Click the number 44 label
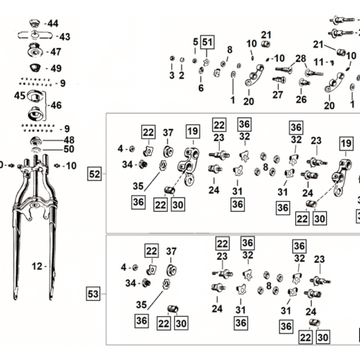tap(53, 24)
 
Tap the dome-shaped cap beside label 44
tap(35, 24)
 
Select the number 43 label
tap(65, 37)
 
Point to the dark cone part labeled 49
tap(35, 68)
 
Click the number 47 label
tap(55, 52)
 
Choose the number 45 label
tap(19, 96)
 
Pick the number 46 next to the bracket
tap(56, 105)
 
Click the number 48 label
tap(69, 140)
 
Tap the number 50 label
tap(69, 149)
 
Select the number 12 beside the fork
tap(37, 266)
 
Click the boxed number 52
tap(94, 174)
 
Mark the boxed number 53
tap(93, 294)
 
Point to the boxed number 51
tap(207, 42)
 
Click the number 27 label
tap(278, 95)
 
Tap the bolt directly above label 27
tap(279, 79)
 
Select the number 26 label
tap(301, 99)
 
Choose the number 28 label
tap(301, 58)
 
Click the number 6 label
tap(201, 88)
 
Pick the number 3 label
tap(172, 76)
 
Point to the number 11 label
tap(319, 62)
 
